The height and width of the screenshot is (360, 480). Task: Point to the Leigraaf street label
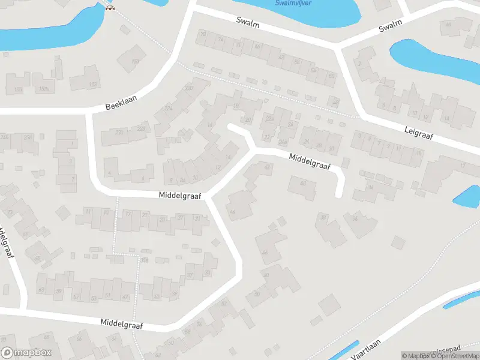[419, 134]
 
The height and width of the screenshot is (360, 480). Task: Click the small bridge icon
[109, 8]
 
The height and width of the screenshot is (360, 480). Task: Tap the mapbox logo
[26, 353]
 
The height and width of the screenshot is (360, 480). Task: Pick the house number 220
[189, 89]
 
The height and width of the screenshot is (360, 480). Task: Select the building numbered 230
[119, 132]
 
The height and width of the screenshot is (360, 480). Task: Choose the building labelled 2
[359, 64]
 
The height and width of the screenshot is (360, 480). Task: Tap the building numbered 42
[268, 167]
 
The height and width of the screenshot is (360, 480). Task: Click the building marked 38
[323, 217]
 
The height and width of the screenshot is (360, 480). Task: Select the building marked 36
[355, 219]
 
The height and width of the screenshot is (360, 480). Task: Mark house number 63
[41, 290]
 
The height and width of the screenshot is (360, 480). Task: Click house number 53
[94, 298]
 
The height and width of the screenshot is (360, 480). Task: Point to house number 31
[197, 218]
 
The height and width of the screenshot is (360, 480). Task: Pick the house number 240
[4, 137]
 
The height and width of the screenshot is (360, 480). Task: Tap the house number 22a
[269, 119]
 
